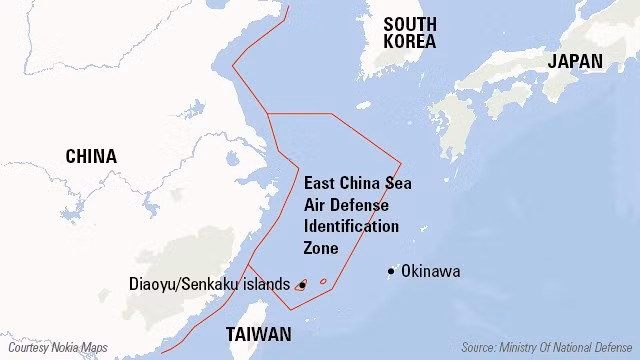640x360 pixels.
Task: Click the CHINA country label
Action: pos(91,156)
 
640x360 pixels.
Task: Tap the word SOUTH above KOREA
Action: pos(410,24)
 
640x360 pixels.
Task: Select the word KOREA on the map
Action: pos(410,42)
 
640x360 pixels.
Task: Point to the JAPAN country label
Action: pos(575,61)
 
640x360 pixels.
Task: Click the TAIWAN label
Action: pos(259,334)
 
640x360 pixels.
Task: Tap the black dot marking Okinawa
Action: pos(391,271)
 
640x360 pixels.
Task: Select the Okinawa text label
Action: pos(430,271)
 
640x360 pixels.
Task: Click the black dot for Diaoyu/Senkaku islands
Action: pos(301,285)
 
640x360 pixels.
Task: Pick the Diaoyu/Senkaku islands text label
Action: pos(210,284)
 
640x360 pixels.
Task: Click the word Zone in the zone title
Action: pos(320,247)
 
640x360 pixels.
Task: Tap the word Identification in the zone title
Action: pos(351,226)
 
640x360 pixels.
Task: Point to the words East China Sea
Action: pos(357,183)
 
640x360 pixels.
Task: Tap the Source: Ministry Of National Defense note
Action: pos(547,347)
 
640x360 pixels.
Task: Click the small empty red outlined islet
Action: pos(323,281)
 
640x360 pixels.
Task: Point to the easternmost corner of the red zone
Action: pos(401,162)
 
